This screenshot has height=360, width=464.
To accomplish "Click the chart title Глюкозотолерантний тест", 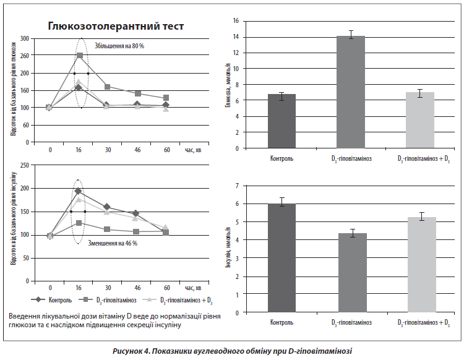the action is pyautogui.click(x=116, y=26).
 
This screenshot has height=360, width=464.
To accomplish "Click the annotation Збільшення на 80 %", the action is pyautogui.click(x=119, y=46).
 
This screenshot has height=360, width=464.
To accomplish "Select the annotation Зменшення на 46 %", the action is pyautogui.click(x=113, y=243).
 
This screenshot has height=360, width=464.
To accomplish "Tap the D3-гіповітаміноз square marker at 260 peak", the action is pyautogui.click(x=80, y=55).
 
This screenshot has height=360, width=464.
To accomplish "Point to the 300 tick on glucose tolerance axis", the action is pyautogui.click(x=25, y=38).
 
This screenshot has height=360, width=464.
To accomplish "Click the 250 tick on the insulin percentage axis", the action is pyautogui.click(x=25, y=165).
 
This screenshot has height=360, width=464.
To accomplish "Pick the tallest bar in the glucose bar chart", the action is pyautogui.click(x=351, y=92).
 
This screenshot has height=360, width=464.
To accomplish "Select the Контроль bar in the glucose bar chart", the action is pyautogui.click(x=281, y=121).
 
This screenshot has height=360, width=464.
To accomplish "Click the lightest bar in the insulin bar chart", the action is pyautogui.click(x=422, y=265).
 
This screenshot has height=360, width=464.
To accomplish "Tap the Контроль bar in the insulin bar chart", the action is pyautogui.click(x=281, y=258).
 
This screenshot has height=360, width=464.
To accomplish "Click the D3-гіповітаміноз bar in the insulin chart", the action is pyautogui.click(x=353, y=273).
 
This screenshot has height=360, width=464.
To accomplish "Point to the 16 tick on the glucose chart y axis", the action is pyautogui.click(x=236, y=21).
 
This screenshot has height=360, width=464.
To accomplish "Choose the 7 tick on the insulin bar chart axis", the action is pyautogui.click(x=237, y=186).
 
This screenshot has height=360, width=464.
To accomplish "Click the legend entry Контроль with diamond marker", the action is pyautogui.click(x=51, y=300).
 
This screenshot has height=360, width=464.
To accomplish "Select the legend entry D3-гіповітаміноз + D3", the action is pyautogui.click(x=178, y=300).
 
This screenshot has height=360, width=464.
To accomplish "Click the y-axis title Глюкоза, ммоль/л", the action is pyautogui.click(x=228, y=85).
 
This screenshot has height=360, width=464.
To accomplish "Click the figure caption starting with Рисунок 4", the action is pyautogui.click(x=232, y=351).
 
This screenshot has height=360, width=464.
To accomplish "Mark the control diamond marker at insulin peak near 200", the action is pyautogui.click(x=78, y=191).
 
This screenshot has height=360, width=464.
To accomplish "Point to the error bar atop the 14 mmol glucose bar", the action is pyautogui.click(x=351, y=35).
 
